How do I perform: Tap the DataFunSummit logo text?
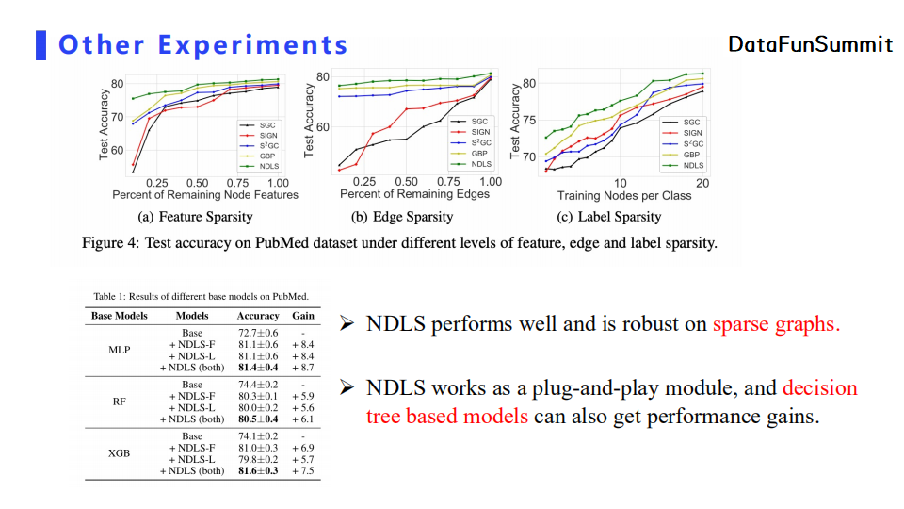pyautogui.click(x=810, y=44)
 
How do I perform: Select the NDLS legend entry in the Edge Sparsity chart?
pyautogui.click(x=480, y=163)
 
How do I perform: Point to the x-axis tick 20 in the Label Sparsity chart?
pyautogui.click(x=702, y=183)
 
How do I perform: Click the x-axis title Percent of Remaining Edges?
pyautogui.click(x=414, y=194)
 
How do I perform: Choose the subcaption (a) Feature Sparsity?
pyautogui.click(x=195, y=217)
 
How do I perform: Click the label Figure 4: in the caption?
pyautogui.click(x=110, y=243)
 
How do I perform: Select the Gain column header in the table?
pyautogui.click(x=303, y=316)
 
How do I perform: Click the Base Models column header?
pyautogui.click(x=120, y=316)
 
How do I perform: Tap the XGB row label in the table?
pyautogui.click(x=120, y=452)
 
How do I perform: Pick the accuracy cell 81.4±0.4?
pyautogui.click(x=258, y=368)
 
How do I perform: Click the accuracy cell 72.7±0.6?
pyautogui.click(x=258, y=333)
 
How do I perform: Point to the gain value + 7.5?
pyautogui.click(x=302, y=470)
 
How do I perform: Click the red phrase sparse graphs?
pyautogui.click(x=775, y=325)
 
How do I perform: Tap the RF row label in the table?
pyautogui.click(x=120, y=402)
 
